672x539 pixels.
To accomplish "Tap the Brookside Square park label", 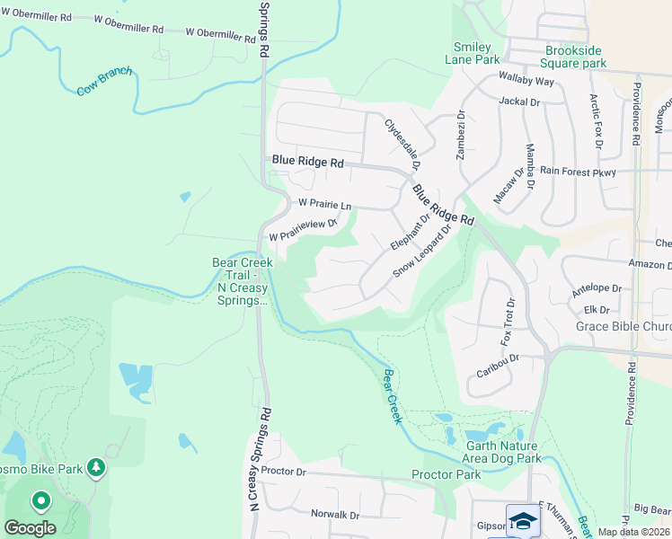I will coord(575,57).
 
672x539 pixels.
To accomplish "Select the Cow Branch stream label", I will coord(104,81).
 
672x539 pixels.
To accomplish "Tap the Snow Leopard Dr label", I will coord(420,252).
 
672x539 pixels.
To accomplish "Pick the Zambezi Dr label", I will coord(461,135).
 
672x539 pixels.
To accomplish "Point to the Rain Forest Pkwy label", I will coord(578,171).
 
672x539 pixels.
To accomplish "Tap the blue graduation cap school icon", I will coord(523,521).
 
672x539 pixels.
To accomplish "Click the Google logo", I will coord(30,528).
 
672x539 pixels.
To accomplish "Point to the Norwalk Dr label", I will coord(334,515).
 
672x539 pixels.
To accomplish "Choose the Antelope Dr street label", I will coord(597,289).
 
